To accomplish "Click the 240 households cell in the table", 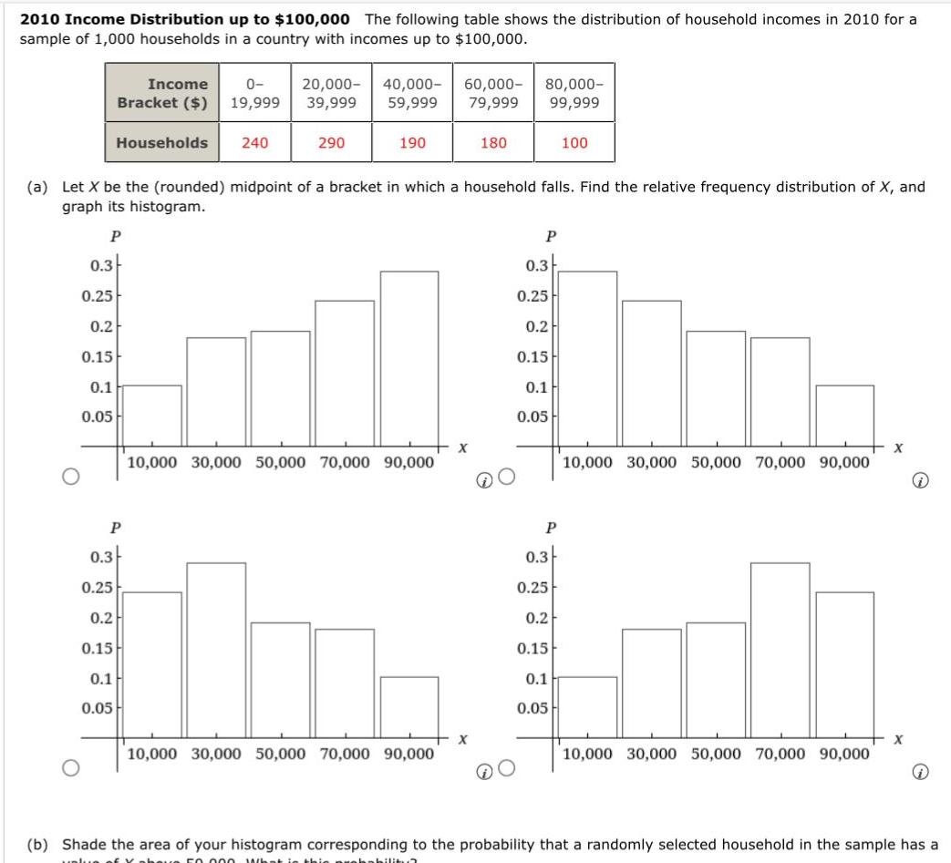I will pyautogui.click(x=254, y=143).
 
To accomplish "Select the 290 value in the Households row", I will pyautogui.click(x=331, y=143).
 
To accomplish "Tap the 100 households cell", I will pyautogui.click(x=574, y=143).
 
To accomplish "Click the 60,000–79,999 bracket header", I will pyautogui.click(x=493, y=93).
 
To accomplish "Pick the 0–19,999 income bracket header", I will pyautogui.click(x=254, y=93).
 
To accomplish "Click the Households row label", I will pyautogui.click(x=162, y=143).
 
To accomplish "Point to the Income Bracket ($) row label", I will pyautogui.click(x=163, y=93).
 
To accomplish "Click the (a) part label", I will pyautogui.click(x=37, y=187).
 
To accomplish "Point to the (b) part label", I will pyautogui.click(x=37, y=845).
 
